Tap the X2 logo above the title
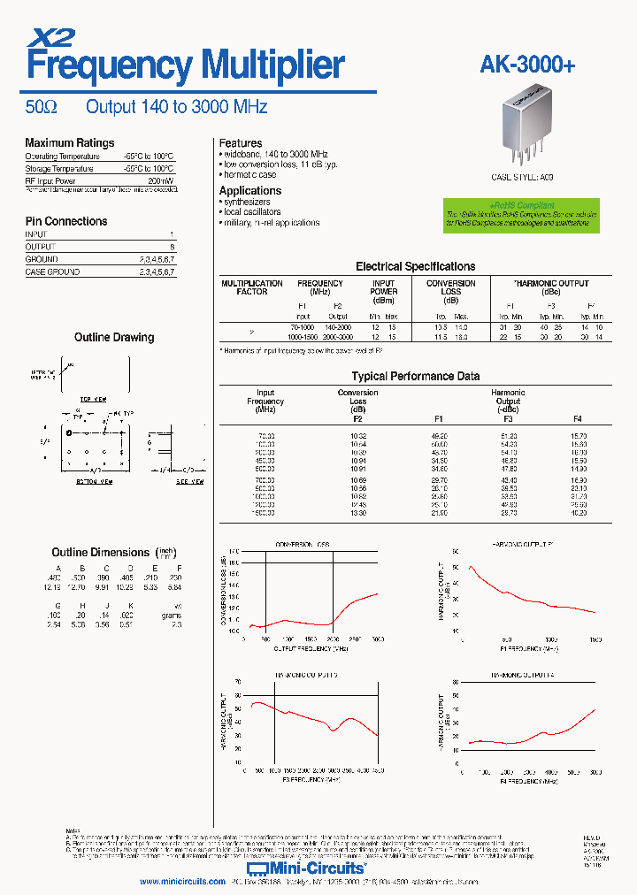52,36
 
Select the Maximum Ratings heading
69,142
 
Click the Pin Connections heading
66,221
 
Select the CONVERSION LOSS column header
450,287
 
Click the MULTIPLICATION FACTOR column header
252,287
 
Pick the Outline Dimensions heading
100,552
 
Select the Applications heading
250,190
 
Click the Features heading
241,142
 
